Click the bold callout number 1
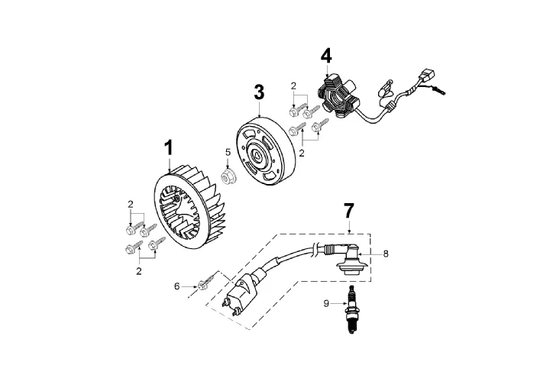[x=170, y=148]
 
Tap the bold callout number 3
[x=259, y=92]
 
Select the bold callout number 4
[x=326, y=56]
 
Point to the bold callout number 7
[x=348, y=211]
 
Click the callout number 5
[x=228, y=152]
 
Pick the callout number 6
[x=176, y=286]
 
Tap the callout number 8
[x=386, y=254]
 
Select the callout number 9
[x=326, y=303]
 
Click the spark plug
[x=351, y=309]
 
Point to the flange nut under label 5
[x=228, y=175]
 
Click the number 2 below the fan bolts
[x=139, y=271]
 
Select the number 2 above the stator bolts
[x=293, y=86]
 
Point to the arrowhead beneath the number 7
[x=349, y=231]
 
